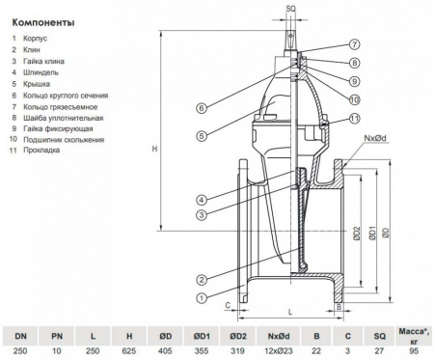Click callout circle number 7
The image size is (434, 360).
click(354, 44)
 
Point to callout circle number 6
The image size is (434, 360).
click(201, 107)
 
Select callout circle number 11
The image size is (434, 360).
click(354, 118)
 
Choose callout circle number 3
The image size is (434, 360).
click(201, 212)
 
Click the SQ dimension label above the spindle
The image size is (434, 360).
click(291, 8)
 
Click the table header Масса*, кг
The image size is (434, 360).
click(413, 336)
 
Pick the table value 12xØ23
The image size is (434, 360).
click(265, 352)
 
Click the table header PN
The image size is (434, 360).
click(56, 338)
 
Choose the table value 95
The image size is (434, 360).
click(413, 352)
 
